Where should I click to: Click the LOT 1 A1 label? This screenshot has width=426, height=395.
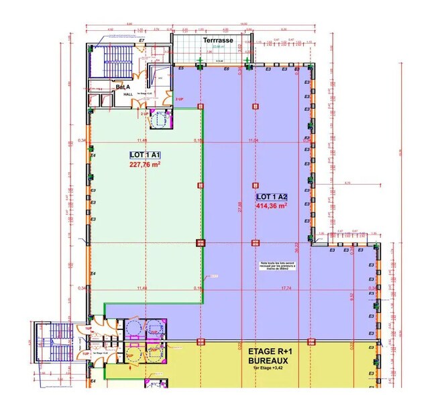coord(145,155)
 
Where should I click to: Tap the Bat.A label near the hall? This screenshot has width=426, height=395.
coord(122,87)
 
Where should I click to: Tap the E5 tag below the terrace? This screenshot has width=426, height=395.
coord(180,69)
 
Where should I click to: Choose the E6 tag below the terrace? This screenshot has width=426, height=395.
coord(226,69)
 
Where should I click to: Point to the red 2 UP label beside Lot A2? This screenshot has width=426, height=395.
coord(179,99)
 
